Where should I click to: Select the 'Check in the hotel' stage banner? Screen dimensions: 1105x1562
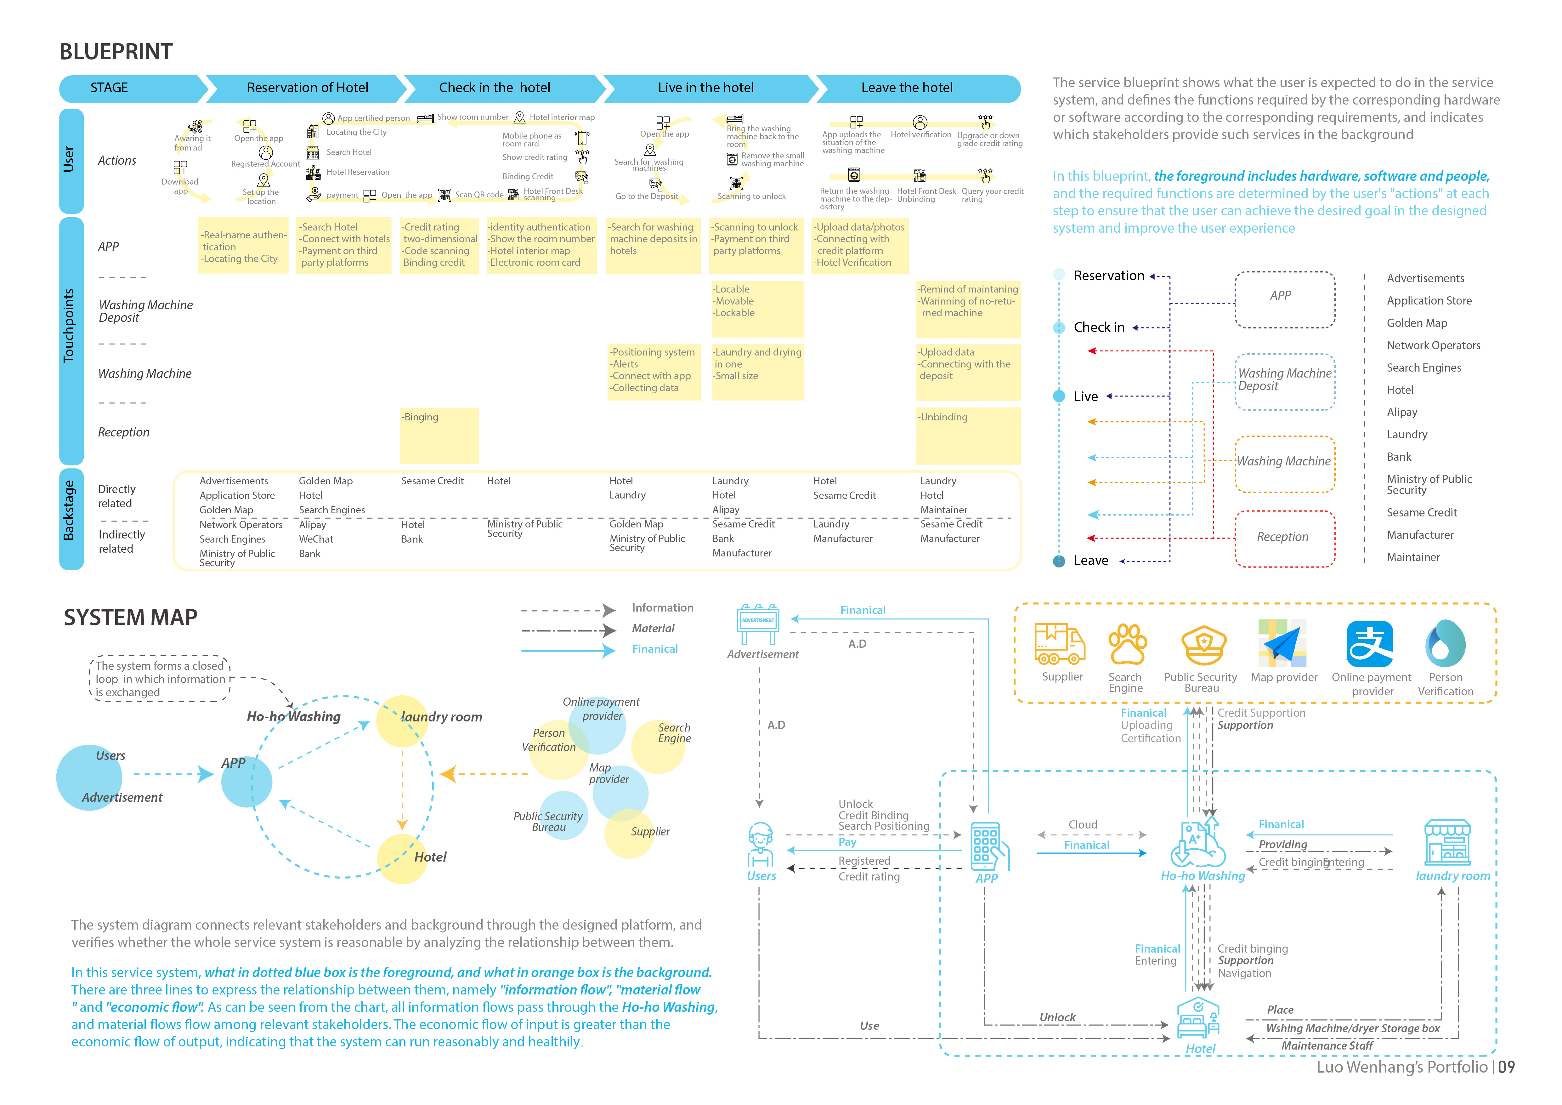coord(495,88)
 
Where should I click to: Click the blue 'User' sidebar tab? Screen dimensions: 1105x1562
coord(71,160)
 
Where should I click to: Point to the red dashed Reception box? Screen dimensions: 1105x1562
coord(1284,538)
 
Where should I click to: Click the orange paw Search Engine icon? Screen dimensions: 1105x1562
coord(1127,644)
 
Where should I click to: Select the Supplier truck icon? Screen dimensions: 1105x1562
coord(1059,644)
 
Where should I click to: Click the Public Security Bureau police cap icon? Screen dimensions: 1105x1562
coord(1203,644)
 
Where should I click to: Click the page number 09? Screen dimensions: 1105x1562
coord(1506,1067)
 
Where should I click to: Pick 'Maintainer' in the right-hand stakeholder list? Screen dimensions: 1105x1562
coord(1413,557)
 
